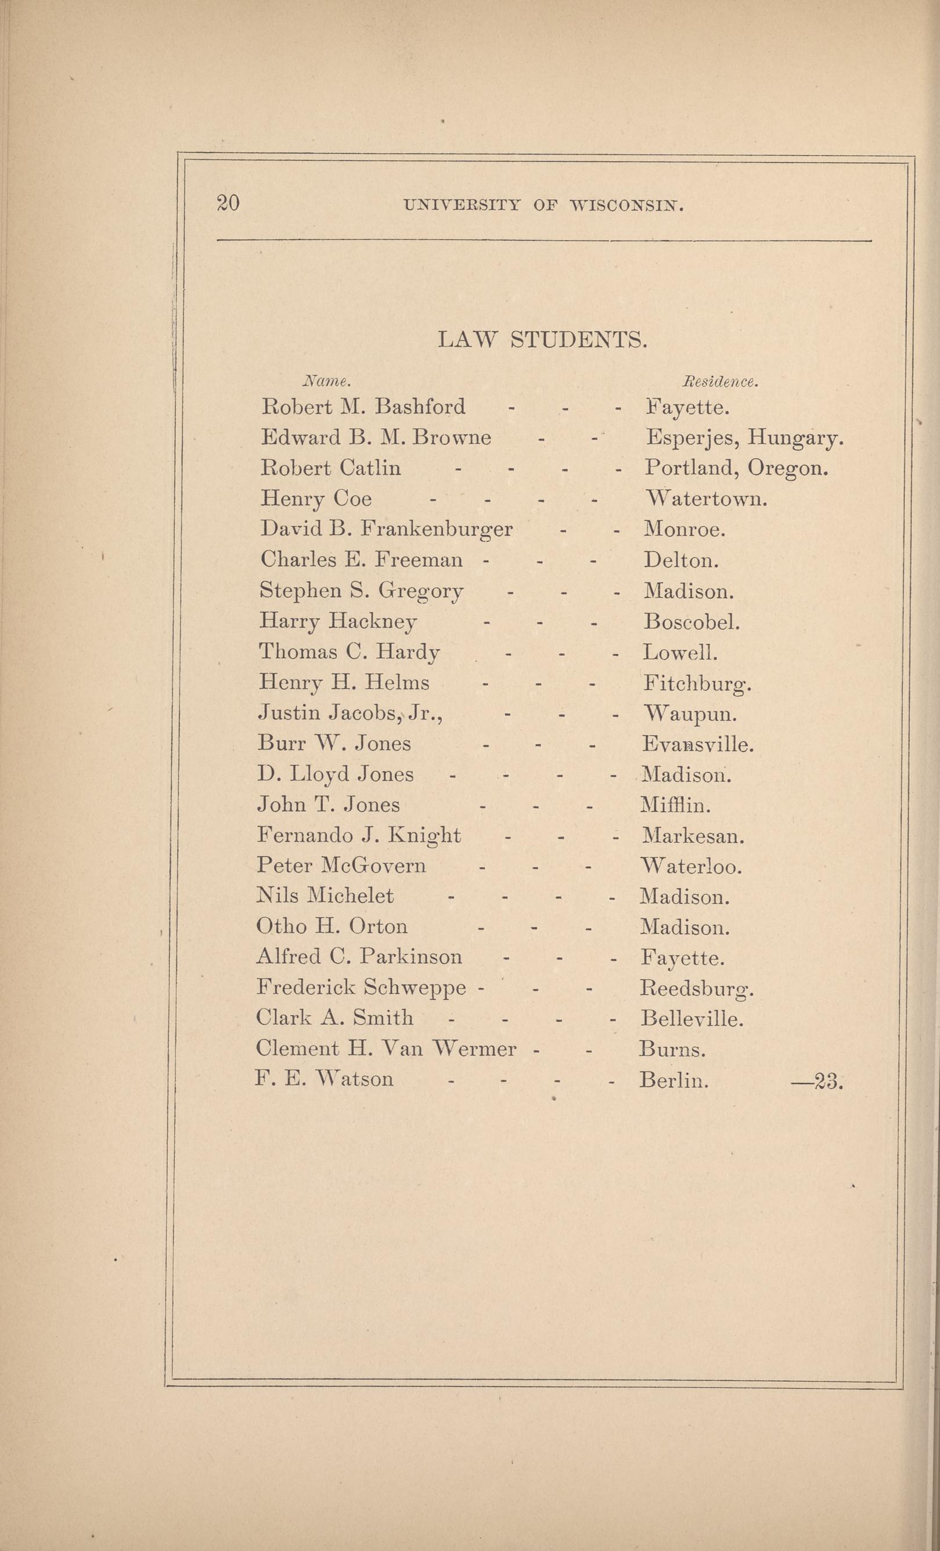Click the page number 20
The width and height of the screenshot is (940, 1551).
tap(227, 203)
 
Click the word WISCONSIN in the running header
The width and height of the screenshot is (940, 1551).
tap(626, 205)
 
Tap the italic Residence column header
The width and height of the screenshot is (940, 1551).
tap(721, 382)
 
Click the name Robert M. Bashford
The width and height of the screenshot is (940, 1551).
tap(363, 407)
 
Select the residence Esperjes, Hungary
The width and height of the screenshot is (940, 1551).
tap(744, 438)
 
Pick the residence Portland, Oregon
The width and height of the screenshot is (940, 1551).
tap(736, 468)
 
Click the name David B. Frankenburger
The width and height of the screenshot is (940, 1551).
tap(386, 529)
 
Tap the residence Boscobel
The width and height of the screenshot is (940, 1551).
tap(692, 622)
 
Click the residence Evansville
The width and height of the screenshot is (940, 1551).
tap(697, 745)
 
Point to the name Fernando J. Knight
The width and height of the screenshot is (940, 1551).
tap(359, 836)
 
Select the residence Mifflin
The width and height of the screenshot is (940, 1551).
tap(675, 805)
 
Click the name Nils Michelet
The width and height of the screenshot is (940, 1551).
tap(325, 896)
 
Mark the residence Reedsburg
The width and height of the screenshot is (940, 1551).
tap(696, 988)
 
